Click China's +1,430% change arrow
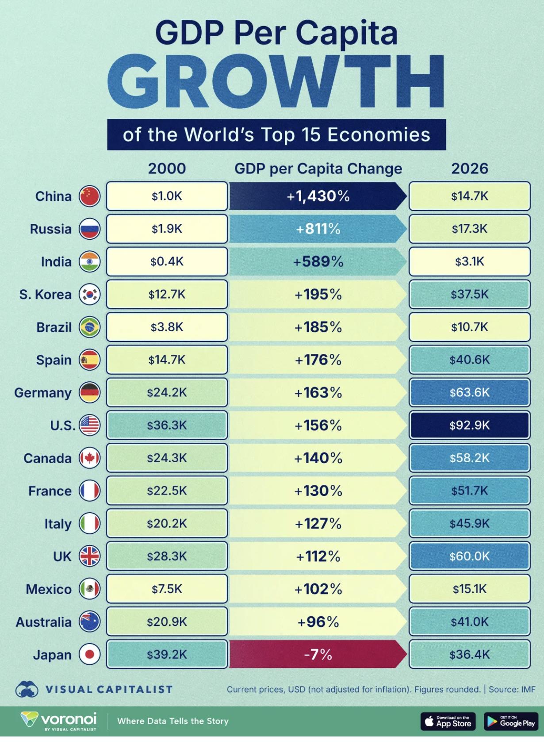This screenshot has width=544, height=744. (x=318, y=196)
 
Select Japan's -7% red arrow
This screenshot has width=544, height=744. (x=318, y=654)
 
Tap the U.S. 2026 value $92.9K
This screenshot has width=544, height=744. (x=469, y=425)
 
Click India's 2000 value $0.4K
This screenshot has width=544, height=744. (x=167, y=261)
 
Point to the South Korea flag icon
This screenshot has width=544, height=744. (x=90, y=294)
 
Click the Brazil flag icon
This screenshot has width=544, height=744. (x=90, y=327)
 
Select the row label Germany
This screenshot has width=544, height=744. (x=43, y=393)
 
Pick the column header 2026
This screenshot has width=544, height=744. (x=469, y=169)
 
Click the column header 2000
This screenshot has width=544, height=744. (x=167, y=169)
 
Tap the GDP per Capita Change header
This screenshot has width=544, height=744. (x=318, y=169)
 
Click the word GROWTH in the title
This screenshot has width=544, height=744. (x=276, y=83)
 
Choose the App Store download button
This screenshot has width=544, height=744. (x=448, y=721)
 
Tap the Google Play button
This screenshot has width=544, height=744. (x=510, y=721)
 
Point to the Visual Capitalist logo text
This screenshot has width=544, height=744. (x=109, y=689)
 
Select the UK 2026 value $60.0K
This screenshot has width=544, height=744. (x=469, y=556)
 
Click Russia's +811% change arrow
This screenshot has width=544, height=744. (x=318, y=229)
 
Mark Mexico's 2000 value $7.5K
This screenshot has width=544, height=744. (x=167, y=589)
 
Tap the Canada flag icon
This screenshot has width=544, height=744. (x=90, y=458)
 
